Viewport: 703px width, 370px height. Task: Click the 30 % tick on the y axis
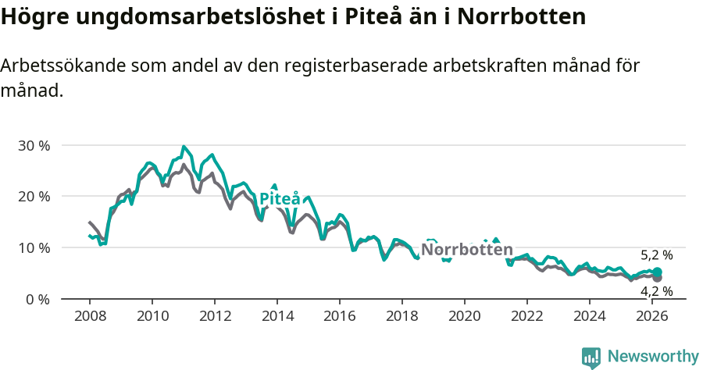[x=34, y=146]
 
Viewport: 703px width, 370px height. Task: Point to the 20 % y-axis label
[x=34, y=197]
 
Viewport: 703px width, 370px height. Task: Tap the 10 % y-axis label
[x=34, y=248]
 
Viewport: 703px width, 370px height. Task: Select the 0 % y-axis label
[x=37, y=299]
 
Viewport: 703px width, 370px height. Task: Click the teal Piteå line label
[x=280, y=199]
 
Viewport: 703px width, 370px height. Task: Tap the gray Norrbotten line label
[x=467, y=250]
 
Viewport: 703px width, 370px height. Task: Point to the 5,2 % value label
[x=656, y=255]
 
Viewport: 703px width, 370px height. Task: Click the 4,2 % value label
[x=656, y=291]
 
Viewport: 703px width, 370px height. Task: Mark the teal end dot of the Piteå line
[x=657, y=272]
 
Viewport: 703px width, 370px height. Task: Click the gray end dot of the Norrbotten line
[x=657, y=278]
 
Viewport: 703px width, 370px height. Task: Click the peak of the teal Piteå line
[x=184, y=147]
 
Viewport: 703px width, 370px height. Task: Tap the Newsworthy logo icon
[x=591, y=358]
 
